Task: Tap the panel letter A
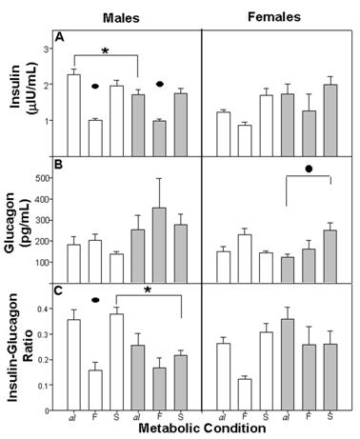coord(59,38)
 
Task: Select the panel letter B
coord(59,170)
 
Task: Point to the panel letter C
coord(59,291)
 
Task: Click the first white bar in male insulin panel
coord(73,114)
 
